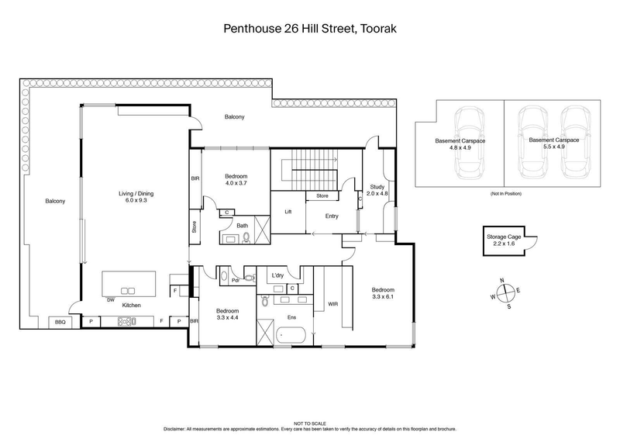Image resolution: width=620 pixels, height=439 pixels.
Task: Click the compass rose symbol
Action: click(505, 292)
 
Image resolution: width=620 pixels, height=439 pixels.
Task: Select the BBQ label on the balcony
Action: click(59, 321)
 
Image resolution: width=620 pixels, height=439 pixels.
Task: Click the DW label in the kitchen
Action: click(112, 299)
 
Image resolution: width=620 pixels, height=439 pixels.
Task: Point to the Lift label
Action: click(288, 212)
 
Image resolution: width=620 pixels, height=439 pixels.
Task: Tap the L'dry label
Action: click(278, 275)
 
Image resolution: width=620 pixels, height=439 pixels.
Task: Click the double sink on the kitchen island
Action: click(128, 290)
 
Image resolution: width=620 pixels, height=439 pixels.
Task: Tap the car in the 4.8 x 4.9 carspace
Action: click(468, 141)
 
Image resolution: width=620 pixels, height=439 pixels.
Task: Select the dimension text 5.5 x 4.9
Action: click(547, 147)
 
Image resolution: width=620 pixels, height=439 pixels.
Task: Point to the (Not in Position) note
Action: click(505, 194)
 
